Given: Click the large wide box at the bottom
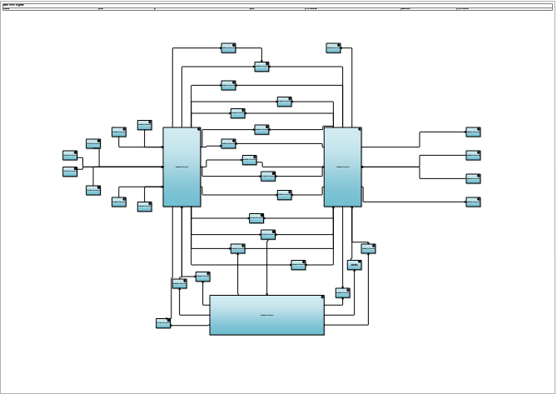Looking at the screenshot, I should [266, 315].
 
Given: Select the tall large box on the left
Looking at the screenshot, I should [182, 167].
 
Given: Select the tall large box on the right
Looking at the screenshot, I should [342, 167].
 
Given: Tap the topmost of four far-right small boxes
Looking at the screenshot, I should [473, 132].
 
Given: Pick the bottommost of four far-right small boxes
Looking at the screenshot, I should [473, 202].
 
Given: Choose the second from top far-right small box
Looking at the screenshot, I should [473, 155].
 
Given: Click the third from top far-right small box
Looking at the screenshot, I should [473, 178].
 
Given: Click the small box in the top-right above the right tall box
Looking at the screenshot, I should [333, 47].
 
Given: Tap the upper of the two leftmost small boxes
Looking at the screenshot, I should [70, 155].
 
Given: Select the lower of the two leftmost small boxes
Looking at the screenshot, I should [70, 172].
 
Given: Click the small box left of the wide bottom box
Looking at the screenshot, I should [163, 323].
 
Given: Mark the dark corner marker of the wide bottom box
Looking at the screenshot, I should [321, 297].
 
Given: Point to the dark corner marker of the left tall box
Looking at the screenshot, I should [198, 129].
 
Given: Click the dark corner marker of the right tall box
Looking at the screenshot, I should [359, 129].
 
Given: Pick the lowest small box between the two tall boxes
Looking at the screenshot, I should [298, 265].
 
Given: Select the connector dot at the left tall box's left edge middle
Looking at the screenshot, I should [162, 167].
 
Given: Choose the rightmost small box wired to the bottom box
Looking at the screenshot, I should [368, 248].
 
